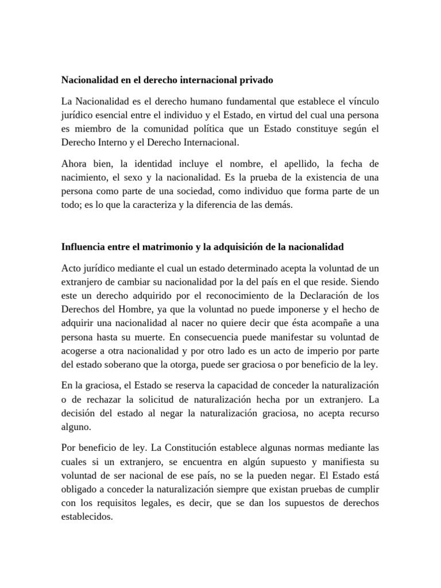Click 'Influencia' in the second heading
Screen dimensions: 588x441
[83, 247]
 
